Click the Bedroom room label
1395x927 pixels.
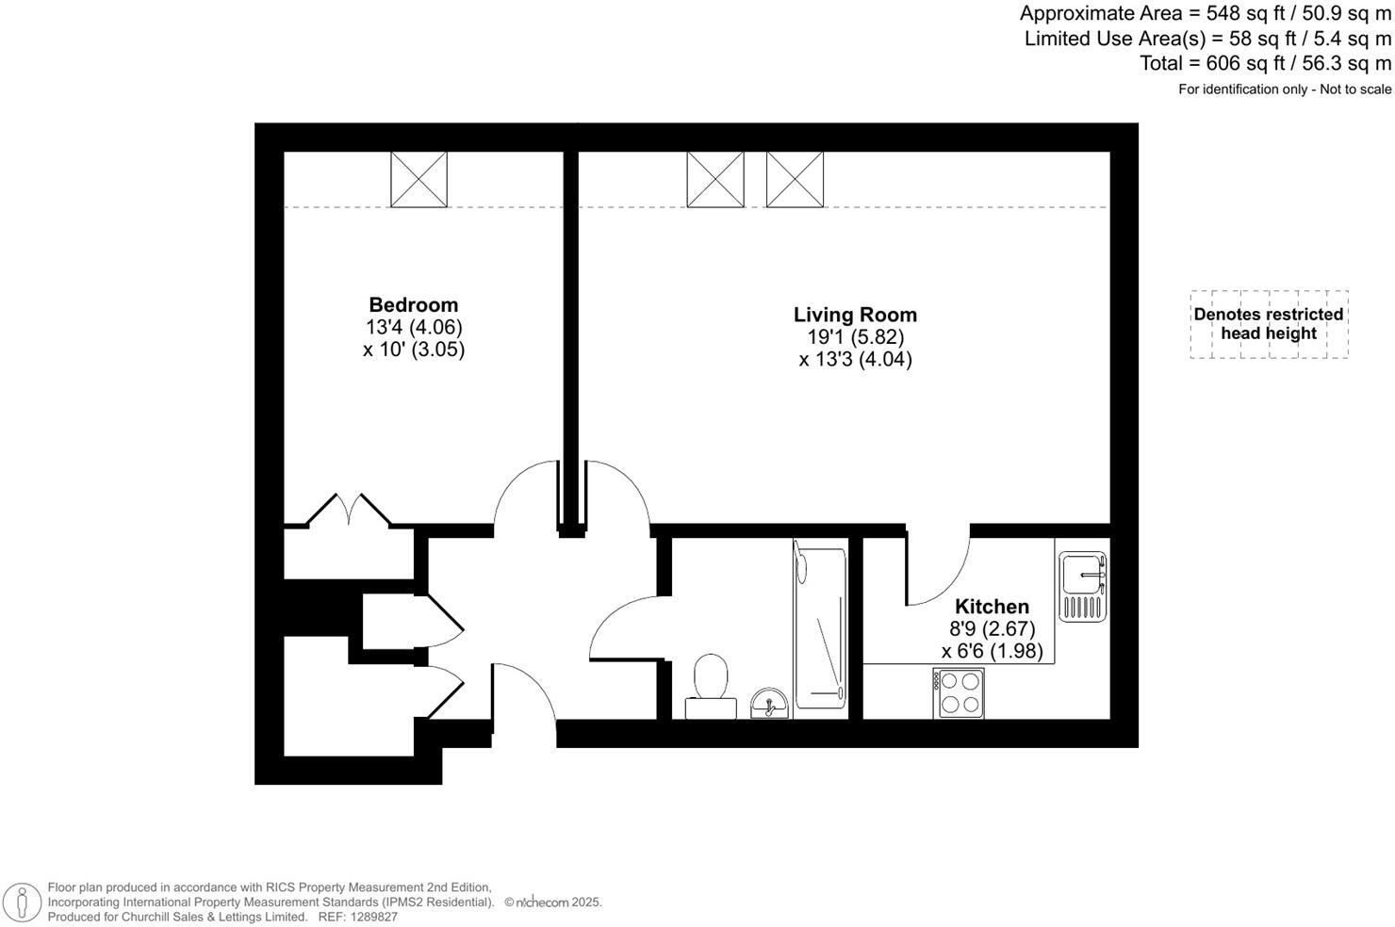[x=413, y=305]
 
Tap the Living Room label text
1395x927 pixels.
[x=855, y=315]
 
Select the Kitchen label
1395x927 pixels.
[x=992, y=607]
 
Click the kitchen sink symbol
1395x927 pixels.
[x=1082, y=586]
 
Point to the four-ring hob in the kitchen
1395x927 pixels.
[x=959, y=692]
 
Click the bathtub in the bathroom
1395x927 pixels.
[x=820, y=627]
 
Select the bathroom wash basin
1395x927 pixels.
[x=770, y=703]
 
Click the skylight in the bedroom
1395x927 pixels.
[x=418, y=179]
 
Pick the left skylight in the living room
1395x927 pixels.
[x=715, y=179]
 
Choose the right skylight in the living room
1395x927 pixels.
[x=795, y=179]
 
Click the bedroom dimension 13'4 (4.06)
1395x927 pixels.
[x=414, y=328]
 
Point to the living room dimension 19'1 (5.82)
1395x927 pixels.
[x=855, y=337]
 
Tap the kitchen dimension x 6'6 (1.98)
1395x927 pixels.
[x=992, y=651]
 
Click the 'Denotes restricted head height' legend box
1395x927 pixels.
[x=1269, y=324]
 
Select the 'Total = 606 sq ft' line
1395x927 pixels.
[x=1265, y=63]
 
